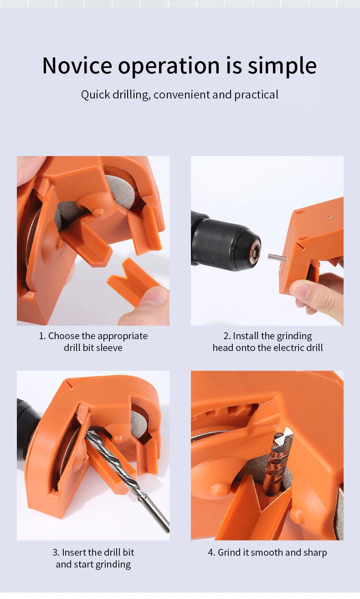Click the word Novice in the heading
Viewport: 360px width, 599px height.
pyautogui.click(x=77, y=65)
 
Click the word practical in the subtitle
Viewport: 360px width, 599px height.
pyautogui.click(x=256, y=95)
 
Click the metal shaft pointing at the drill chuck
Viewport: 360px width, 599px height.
pyautogui.click(x=277, y=258)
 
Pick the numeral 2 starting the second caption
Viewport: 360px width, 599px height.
pyautogui.click(x=226, y=336)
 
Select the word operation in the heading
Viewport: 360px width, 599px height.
pyautogui.click(x=169, y=67)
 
